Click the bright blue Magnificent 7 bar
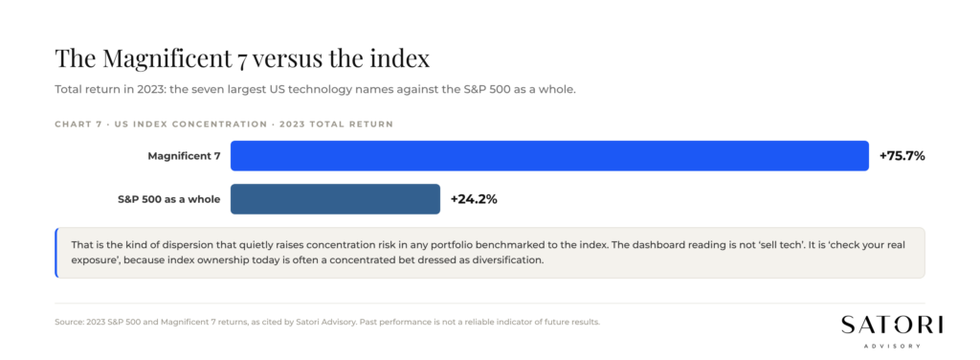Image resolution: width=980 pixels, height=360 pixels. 549,156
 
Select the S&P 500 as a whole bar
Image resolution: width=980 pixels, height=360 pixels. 335,199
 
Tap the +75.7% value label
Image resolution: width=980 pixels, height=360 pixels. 902,156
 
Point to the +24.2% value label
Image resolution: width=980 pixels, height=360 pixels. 474,199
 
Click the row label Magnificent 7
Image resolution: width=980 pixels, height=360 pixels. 184,156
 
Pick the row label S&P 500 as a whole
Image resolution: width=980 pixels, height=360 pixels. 168,199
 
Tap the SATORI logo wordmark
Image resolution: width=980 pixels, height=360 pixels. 892,325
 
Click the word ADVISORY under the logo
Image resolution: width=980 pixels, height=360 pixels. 892,346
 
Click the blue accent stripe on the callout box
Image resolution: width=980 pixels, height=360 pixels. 56,253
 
